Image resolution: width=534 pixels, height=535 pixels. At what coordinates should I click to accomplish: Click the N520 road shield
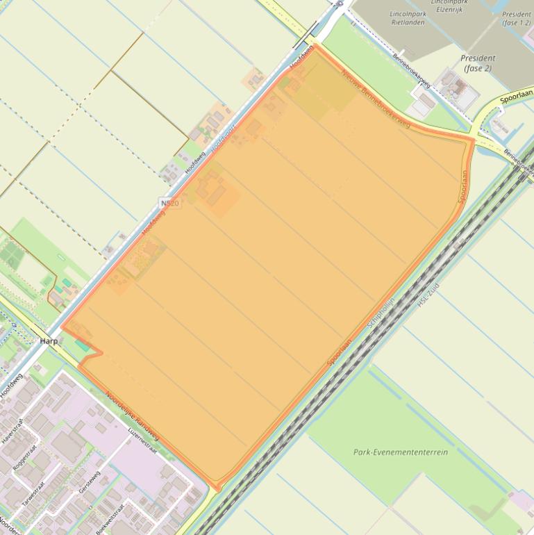[x=169, y=203]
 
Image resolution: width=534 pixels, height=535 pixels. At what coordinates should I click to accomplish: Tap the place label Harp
[x=49, y=341]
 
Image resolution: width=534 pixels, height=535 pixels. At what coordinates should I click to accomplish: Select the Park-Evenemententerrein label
[x=401, y=452]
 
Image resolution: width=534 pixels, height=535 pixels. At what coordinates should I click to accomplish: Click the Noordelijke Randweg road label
[x=132, y=419]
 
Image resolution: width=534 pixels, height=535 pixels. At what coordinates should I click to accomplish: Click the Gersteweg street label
[x=90, y=481]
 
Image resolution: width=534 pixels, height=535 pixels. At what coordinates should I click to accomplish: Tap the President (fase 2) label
[x=478, y=63]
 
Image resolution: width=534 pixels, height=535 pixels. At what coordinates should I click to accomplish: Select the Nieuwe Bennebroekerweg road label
[x=376, y=100]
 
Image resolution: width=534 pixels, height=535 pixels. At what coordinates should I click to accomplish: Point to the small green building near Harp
[x=83, y=345]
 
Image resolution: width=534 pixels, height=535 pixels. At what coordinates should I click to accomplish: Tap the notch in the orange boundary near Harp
[x=101, y=352]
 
